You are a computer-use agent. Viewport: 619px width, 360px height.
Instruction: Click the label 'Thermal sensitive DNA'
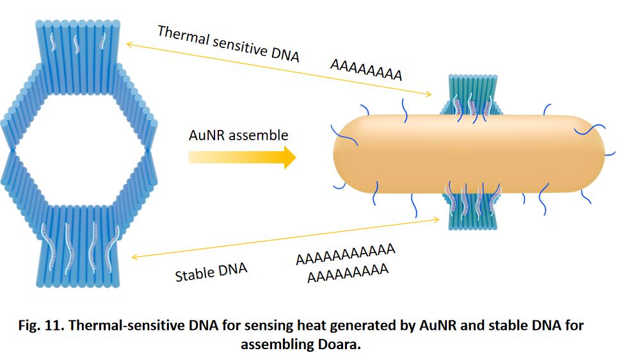228,44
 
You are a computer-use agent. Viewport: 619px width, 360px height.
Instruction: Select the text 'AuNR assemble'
238,135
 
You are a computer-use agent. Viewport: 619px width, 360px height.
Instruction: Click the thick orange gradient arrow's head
287,157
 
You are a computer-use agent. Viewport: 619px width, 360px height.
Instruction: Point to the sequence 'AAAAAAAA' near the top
366,70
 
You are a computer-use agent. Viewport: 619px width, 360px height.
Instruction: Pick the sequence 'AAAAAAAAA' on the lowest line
348,272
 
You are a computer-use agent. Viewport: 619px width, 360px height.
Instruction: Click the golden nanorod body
467,154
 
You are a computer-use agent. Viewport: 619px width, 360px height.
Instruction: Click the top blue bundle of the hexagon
79,45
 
